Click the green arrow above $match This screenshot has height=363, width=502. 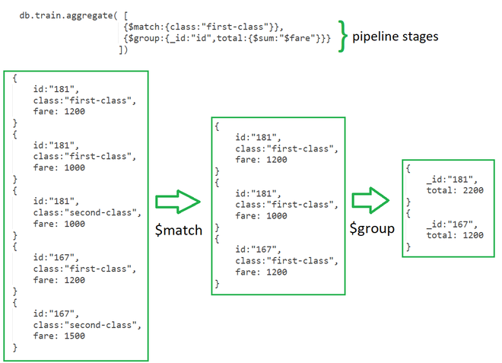(178, 202)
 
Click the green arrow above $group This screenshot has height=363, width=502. (371, 202)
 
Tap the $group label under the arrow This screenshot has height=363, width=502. (372, 228)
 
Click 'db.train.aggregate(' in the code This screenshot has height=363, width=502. (71, 14)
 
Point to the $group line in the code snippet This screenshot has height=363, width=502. (226, 38)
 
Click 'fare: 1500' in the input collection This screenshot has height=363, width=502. (59, 336)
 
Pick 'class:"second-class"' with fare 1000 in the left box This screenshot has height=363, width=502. (87, 212)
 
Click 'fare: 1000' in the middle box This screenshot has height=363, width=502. (261, 215)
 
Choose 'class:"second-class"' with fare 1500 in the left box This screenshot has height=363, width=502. (87, 324)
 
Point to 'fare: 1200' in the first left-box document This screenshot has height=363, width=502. (59, 111)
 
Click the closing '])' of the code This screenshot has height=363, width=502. (124, 49)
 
